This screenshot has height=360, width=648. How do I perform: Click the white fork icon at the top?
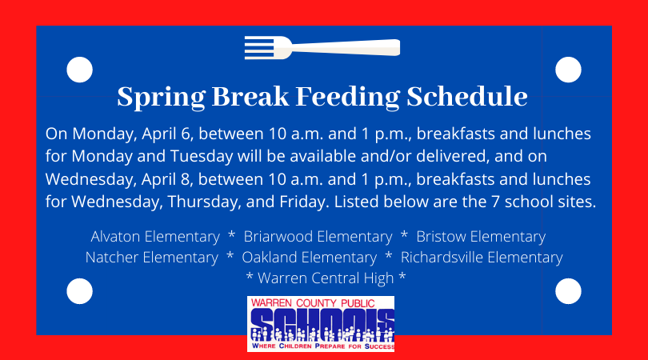pyautogui.click(x=322, y=47)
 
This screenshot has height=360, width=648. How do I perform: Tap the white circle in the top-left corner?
pyautogui.click(x=80, y=70)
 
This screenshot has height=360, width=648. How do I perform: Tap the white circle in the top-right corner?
pyautogui.click(x=568, y=70)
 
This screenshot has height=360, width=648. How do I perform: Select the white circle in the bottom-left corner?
pyautogui.click(x=80, y=291)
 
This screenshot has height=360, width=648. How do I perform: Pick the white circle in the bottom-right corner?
pyautogui.click(x=568, y=291)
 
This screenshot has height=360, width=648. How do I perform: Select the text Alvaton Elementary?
pyautogui.click(x=155, y=237)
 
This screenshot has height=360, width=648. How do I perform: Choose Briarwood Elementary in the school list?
pyautogui.click(x=318, y=237)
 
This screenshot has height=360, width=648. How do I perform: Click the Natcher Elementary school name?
pyautogui.click(x=151, y=258)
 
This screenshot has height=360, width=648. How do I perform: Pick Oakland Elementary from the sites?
pyautogui.click(x=309, y=258)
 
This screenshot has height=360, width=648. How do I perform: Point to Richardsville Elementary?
pyautogui.click(x=482, y=258)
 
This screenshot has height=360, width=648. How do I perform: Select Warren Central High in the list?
pyautogui.click(x=326, y=278)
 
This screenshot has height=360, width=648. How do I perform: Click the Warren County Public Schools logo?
pyautogui.click(x=321, y=323)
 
